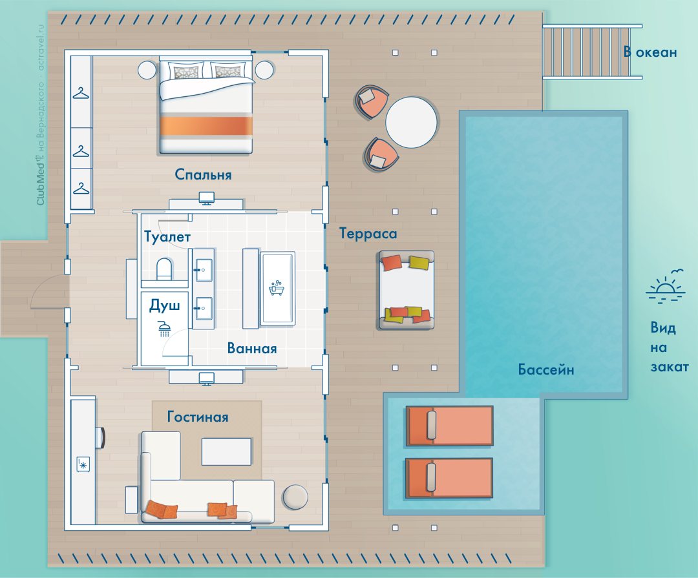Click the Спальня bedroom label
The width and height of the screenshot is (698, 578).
click(203, 174)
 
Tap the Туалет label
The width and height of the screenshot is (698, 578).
click(167, 237)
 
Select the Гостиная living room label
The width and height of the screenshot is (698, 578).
click(198, 417)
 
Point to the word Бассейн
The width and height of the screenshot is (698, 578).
click(545, 369)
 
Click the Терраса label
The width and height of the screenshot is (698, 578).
click(368, 234)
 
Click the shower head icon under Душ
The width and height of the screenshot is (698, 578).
click(165, 328)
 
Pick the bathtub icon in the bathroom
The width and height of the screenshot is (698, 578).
click(276, 288)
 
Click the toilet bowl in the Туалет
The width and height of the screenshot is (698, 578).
click(164, 269)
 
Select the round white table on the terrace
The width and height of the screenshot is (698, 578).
click(411, 122)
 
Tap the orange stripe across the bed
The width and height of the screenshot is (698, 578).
click(206, 127)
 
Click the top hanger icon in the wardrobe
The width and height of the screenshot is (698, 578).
click(81, 94)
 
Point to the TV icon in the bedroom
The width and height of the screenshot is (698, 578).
click(206, 198)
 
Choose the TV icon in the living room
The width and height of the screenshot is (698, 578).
click(206, 378)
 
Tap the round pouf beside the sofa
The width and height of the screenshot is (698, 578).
click(295, 497)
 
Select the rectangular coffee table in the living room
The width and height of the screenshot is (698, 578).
click(227, 451)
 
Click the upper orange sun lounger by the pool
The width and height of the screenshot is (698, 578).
click(449, 426)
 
